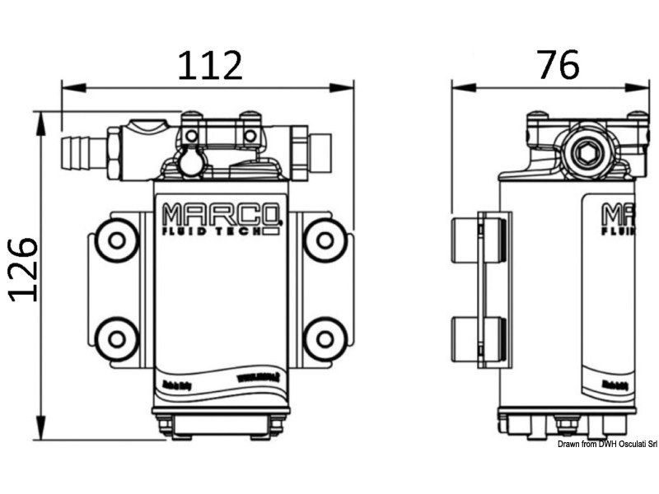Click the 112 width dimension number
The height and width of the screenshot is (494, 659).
coord(210,64)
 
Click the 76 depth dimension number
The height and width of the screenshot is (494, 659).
coord(558,64)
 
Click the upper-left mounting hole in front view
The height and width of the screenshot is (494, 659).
coord(117,240)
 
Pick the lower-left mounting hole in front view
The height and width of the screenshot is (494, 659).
coord(117,338)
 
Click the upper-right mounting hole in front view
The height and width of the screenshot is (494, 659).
coord(325,240)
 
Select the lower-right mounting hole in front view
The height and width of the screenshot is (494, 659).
coord(325,338)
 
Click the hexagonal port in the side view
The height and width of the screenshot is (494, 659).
coord(587,152)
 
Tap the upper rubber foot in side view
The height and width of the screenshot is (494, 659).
coord(477,240)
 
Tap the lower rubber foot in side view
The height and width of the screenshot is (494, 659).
coord(477,339)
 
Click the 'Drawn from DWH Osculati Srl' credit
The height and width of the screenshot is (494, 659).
coord(606,445)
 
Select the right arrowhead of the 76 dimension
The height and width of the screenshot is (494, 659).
coord(643,86)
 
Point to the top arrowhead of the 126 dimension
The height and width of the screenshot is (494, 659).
coord(39,117)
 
